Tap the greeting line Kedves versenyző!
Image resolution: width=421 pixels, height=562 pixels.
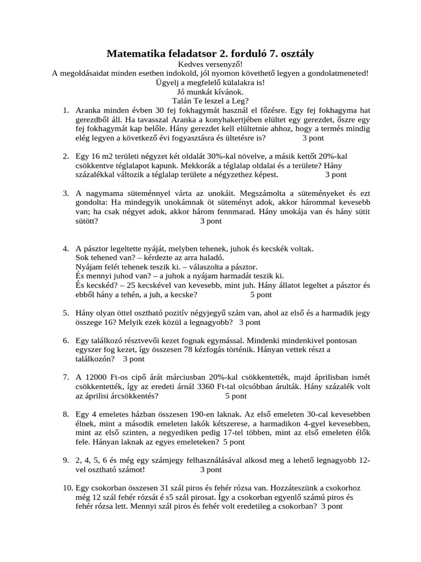(210, 64)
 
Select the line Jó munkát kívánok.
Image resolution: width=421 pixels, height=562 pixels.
(210, 92)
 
